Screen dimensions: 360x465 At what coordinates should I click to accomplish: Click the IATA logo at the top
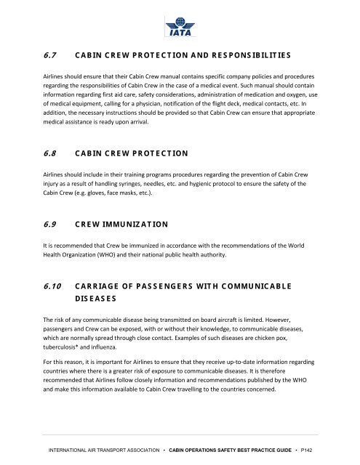coord(179,28)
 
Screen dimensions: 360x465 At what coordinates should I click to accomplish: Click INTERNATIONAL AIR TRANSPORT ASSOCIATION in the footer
coord(100,453)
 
